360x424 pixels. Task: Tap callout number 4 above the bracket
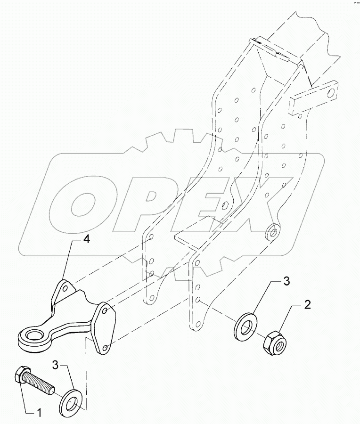click(x=86, y=240)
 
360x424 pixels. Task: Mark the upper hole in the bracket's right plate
click(x=106, y=311)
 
